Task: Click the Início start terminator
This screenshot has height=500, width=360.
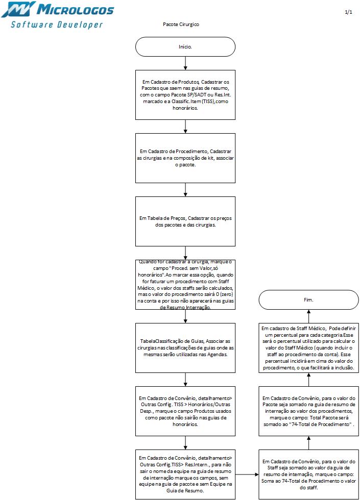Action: coord(185,46)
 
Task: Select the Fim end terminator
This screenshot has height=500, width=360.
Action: coord(308,299)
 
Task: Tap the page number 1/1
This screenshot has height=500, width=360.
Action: coord(349,12)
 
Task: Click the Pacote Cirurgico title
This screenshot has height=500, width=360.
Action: coord(181,24)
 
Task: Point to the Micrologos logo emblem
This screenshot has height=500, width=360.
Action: coord(18,10)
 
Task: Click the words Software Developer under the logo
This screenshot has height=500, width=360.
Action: coord(57,24)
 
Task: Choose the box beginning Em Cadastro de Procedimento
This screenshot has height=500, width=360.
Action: coord(185,158)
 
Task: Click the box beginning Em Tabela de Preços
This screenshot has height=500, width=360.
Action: coord(185,221)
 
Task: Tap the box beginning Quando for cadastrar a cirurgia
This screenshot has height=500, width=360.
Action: coord(185,285)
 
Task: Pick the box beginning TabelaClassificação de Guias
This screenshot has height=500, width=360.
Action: coord(185,348)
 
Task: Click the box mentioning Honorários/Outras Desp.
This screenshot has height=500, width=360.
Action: coord(185,411)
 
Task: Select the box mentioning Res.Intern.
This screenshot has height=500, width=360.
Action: coord(185,474)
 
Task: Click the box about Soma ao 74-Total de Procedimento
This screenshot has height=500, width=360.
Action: coord(308,474)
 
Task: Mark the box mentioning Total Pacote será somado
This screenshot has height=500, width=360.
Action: coord(308,411)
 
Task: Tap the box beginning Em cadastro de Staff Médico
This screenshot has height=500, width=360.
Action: coord(308,347)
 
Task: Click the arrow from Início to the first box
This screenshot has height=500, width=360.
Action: coord(185,63)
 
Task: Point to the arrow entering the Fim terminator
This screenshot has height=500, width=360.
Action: coord(308,316)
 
